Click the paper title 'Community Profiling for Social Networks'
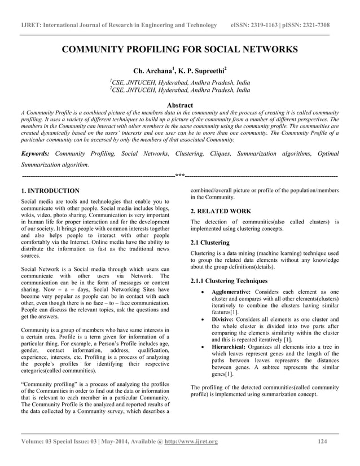tap(179, 50)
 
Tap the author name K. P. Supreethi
tap(202, 72)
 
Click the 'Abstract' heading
tap(180, 105)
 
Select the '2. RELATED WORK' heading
tap(221, 211)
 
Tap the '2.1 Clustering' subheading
tap(210, 243)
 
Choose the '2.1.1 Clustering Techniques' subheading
tap(229, 281)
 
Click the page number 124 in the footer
tap(323, 441)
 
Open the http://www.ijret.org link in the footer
tap(191, 441)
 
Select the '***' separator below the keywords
tap(180, 175)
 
